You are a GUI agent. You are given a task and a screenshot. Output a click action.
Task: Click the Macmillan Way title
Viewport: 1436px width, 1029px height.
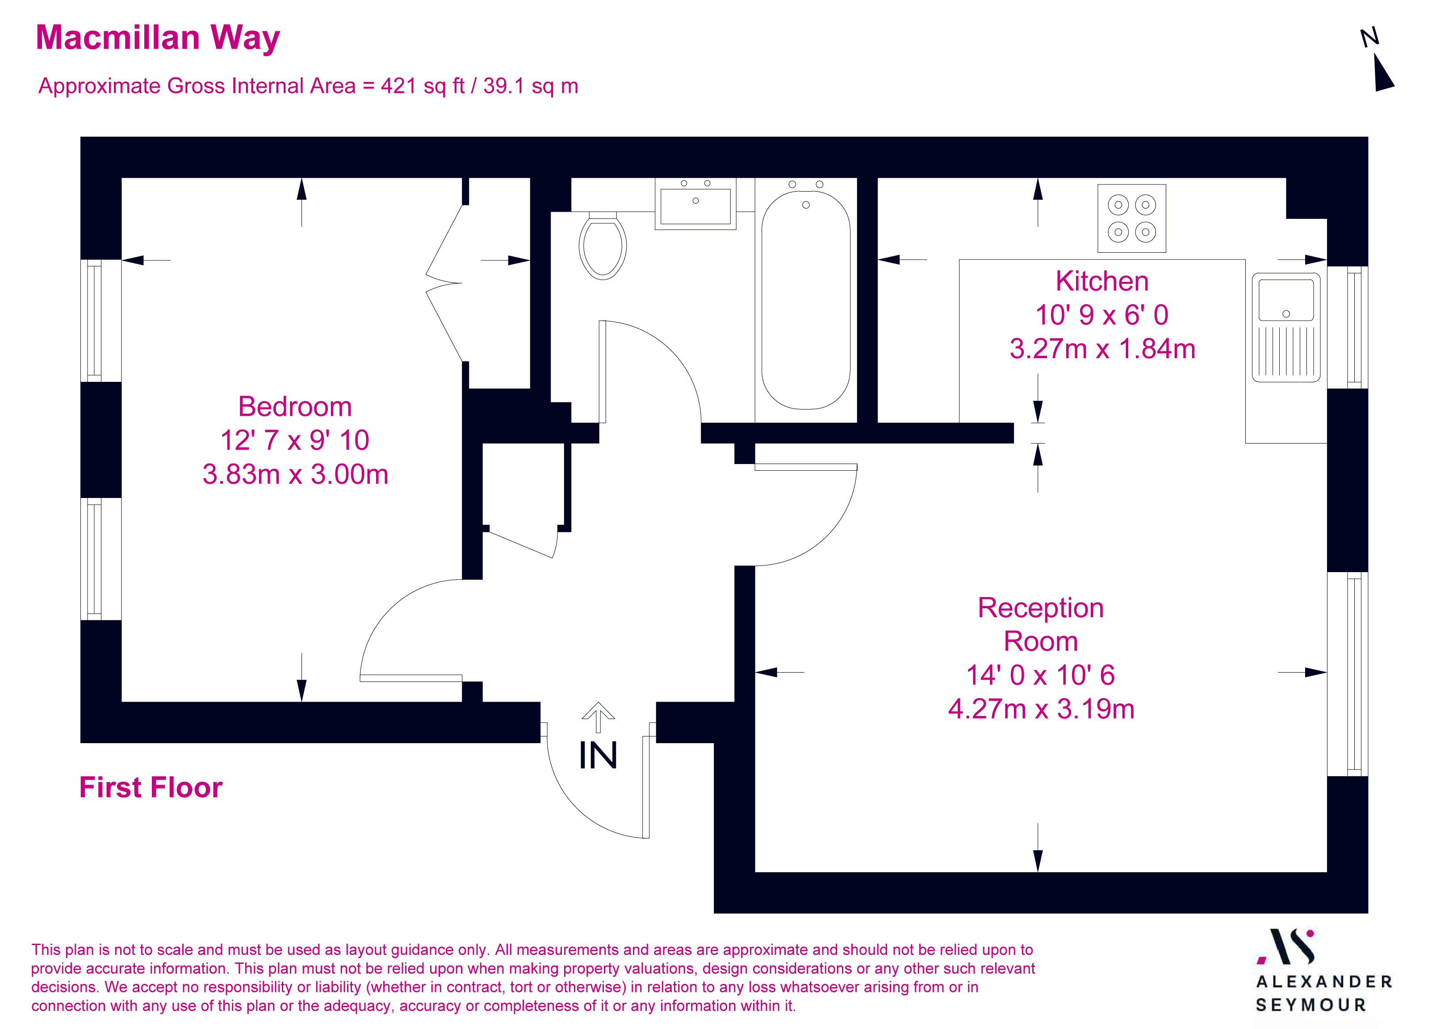click(158, 38)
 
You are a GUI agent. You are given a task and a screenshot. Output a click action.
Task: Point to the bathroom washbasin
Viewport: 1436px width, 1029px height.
click(695, 205)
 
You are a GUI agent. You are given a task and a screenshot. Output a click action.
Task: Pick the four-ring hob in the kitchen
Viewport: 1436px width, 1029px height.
click(1131, 218)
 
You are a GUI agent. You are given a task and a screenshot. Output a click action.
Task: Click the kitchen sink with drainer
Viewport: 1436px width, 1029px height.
click(1286, 327)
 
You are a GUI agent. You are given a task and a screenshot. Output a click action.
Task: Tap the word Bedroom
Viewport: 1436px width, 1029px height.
click(295, 406)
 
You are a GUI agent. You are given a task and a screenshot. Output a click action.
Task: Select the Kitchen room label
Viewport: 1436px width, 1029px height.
click(1102, 281)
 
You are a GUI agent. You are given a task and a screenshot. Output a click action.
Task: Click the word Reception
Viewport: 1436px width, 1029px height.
click(1040, 608)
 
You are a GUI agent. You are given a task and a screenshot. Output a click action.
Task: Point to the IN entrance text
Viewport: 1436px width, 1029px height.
click(598, 755)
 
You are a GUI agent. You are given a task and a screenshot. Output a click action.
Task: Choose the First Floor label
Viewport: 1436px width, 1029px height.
click(151, 787)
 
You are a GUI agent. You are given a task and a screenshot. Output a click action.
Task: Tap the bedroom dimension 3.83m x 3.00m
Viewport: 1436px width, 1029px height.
click(295, 474)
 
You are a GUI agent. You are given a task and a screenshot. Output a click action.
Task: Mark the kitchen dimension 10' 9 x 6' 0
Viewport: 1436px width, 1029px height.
click(1102, 315)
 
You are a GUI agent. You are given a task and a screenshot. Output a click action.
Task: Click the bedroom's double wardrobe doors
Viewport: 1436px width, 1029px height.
click(445, 282)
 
